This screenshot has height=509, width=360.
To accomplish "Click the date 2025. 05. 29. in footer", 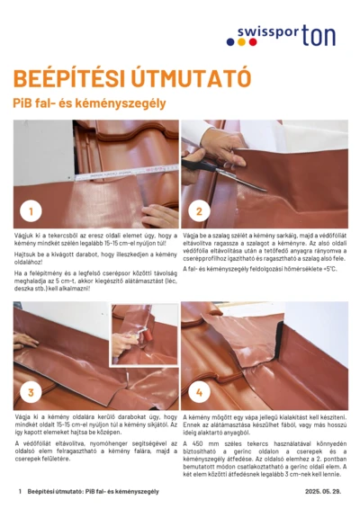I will pos(322,492).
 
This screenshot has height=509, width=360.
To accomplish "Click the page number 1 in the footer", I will pos(20,492).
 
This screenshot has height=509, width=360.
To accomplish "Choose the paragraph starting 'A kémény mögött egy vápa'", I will pos(265,427).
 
